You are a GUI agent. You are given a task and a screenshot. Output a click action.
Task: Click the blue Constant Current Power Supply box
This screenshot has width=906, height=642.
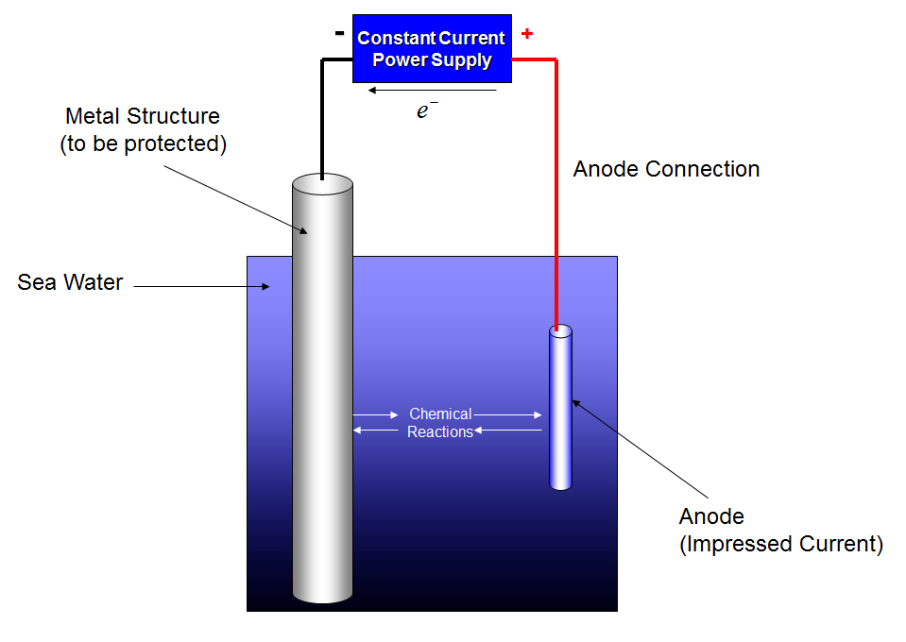[432, 48]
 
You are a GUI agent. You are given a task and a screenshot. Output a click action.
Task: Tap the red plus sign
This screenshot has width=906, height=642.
[527, 33]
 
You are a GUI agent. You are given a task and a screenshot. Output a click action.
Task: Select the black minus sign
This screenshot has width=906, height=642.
[340, 33]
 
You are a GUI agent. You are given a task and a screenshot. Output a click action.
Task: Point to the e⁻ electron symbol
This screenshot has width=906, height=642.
[427, 110]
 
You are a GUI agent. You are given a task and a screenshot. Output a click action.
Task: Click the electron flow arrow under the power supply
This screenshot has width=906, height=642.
[432, 90]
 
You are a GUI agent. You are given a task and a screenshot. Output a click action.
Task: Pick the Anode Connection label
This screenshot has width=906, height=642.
[666, 169]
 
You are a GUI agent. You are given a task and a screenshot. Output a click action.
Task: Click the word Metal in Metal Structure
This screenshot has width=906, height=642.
[92, 116]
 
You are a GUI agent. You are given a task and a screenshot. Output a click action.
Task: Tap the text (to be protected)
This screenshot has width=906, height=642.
[144, 144]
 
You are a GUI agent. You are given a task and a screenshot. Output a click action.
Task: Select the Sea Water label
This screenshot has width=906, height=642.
[70, 282]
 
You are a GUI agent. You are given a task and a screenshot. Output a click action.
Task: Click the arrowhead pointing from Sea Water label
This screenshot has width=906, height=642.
[265, 286]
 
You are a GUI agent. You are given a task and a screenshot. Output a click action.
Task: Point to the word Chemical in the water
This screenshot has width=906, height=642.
[440, 414]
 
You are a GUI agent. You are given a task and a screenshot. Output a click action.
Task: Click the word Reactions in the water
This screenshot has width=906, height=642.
[440, 431]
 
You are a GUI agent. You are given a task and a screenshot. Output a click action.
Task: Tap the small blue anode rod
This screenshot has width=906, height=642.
[560, 408]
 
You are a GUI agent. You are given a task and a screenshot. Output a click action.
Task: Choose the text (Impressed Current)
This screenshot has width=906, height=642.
[781, 544]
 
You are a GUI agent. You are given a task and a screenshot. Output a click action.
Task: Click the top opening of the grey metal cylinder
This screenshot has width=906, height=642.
[322, 184]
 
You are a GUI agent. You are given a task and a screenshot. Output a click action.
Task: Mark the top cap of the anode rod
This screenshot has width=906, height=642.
[560, 331]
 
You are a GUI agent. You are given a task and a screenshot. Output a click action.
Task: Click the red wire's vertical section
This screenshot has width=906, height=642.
[556, 194]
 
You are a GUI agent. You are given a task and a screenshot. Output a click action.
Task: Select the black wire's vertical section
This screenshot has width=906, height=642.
[322, 119]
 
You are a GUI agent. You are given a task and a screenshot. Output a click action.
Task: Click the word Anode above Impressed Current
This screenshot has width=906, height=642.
[711, 516]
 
